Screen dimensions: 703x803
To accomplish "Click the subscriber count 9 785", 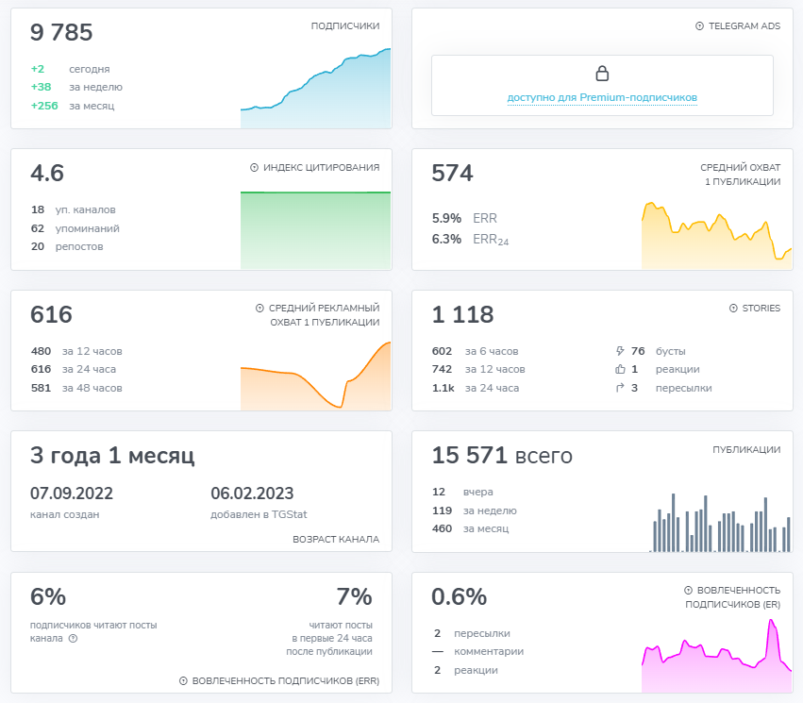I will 61,33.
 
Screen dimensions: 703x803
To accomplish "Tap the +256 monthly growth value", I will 44,106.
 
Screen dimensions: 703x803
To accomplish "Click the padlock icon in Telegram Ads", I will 602,74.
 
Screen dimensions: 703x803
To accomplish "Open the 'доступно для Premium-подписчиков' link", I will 602,97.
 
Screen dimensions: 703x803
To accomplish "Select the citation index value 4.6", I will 47,174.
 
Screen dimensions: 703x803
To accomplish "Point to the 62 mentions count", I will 38,228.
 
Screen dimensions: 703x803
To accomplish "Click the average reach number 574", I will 452,174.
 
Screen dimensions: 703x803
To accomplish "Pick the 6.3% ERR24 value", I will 446,240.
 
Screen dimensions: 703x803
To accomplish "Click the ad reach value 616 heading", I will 51,315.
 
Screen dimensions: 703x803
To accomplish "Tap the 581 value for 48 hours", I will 41,388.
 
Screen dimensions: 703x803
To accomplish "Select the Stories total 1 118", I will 462,315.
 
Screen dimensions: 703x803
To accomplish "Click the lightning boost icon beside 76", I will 620,351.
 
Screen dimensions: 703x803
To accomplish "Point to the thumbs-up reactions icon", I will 620,370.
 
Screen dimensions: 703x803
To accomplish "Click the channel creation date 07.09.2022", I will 72,494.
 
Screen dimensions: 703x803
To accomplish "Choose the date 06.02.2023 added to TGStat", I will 252,494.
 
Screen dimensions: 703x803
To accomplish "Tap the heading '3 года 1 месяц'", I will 112,456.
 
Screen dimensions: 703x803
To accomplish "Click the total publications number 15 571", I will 469,456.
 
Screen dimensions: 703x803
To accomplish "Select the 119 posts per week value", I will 442,511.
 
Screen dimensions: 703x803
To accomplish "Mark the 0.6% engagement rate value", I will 459,597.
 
